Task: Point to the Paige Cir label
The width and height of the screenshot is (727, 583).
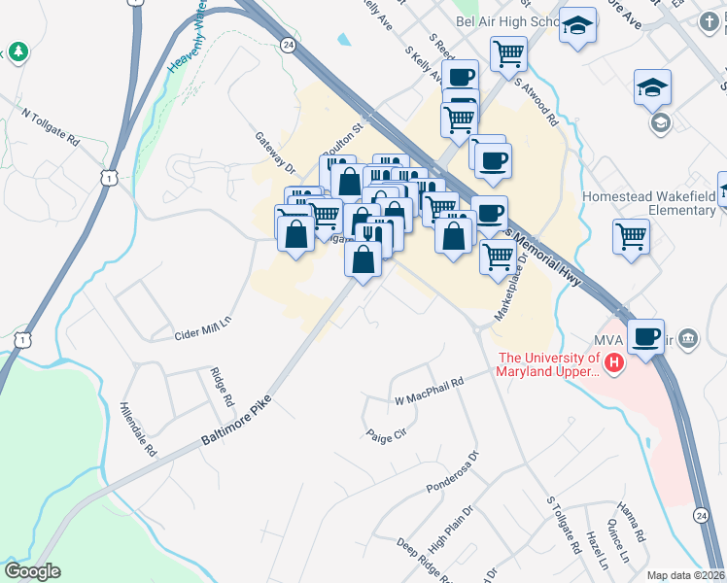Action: tap(386, 436)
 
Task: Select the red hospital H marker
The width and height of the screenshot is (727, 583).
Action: tap(613, 364)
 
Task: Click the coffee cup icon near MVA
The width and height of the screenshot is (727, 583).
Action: tap(645, 335)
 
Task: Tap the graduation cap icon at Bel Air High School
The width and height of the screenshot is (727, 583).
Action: tap(578, 26)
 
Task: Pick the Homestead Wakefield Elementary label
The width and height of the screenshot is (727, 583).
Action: tap(648, 203)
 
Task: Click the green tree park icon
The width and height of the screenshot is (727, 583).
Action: tap(17, 50)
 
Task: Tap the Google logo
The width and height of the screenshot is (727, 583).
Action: tap(32, 571)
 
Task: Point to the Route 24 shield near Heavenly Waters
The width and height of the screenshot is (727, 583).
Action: tap(287, 45)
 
